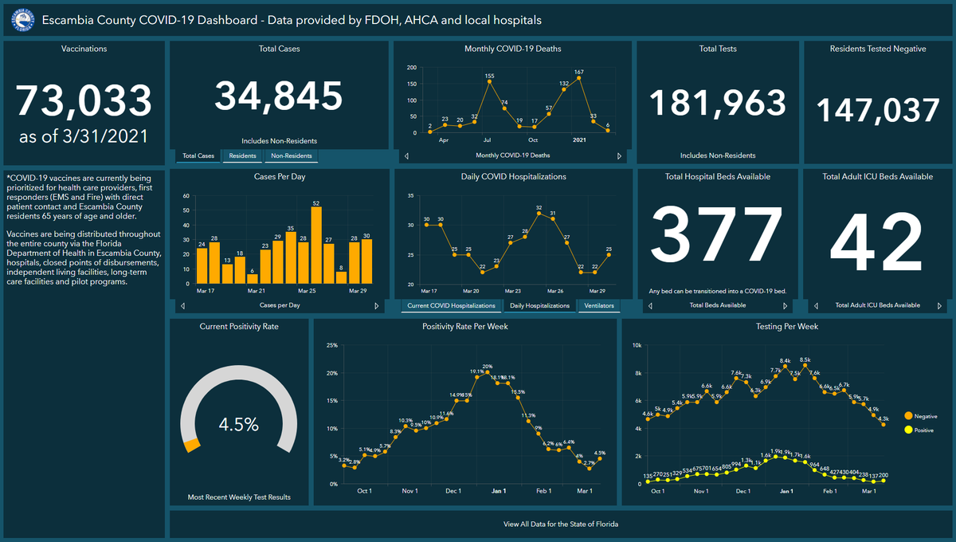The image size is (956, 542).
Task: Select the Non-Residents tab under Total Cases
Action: pos(292,156)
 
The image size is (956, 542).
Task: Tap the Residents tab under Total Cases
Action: pos(242,156)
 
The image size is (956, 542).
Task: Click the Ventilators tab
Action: pos(598,305)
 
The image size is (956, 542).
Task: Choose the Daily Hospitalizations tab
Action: pos(540,305)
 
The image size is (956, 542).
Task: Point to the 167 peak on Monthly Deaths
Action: pos(579,80)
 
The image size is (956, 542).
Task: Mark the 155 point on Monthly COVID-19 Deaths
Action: pos(489,83)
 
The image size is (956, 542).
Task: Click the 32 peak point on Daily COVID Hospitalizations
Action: pos(539,214)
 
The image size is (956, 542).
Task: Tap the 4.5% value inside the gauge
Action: pos(239,425)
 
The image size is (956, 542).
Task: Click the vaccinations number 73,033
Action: pos(84,101)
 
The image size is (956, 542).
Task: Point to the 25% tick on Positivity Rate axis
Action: pos(332,345)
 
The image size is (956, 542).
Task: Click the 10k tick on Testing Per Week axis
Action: pos(637,345)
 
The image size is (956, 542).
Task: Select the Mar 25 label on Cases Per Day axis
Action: pos(307,292)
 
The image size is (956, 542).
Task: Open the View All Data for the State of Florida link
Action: pos(561,524)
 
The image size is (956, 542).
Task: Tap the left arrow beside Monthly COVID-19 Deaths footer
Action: pos(407,155)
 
